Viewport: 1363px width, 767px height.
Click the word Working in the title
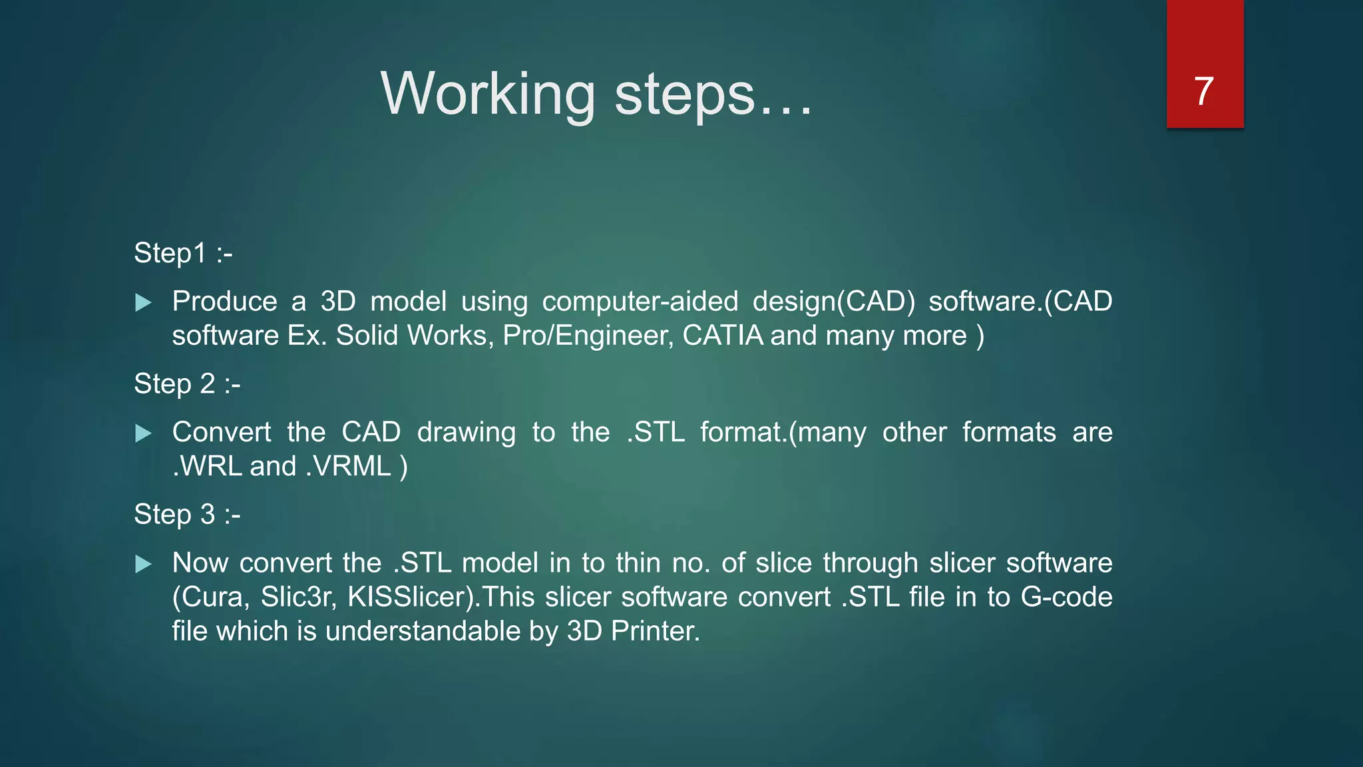pos(488,94)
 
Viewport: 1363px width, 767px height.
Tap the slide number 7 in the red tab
pos(1204,91)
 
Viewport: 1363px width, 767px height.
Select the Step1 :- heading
pos(183,253)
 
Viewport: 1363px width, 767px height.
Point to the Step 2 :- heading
pos(187,383)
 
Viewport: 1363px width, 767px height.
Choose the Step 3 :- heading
pos(187,514)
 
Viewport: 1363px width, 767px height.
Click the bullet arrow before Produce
pos(143,303)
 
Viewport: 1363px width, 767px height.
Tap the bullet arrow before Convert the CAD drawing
pos(143,434)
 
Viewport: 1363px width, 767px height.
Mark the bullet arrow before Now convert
pos(143,565)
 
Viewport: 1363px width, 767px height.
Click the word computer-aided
pos(640,302)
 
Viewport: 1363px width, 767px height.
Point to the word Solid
pos(367,335)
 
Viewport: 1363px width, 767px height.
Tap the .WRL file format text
pos(206,466)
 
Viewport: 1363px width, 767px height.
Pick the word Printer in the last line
pos(655,631)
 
